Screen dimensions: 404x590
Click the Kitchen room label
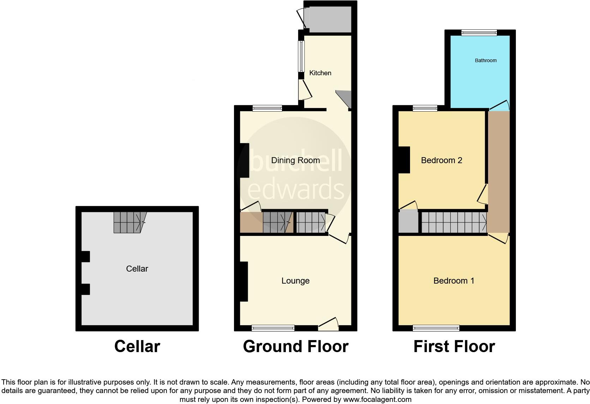[320, 73]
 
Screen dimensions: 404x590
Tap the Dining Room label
[295, 160]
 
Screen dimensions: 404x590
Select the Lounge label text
[295, 281]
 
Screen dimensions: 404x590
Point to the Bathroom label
[486, 61]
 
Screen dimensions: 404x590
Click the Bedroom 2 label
[441, 160]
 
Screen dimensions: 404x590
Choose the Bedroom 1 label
[454, 281]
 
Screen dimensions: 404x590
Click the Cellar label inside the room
[137, 269]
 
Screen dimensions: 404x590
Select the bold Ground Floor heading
[296, 346]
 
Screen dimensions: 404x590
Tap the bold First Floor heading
[454, 346]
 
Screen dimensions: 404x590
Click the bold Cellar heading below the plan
[137, 346]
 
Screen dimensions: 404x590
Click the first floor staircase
[453, 222]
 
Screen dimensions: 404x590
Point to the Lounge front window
[273, 328]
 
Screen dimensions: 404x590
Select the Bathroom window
[479, 33]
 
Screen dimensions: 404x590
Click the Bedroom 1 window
[436, 328]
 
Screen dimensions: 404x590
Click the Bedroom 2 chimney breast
[404, 160]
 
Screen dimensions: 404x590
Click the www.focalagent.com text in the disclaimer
[377, 400]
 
